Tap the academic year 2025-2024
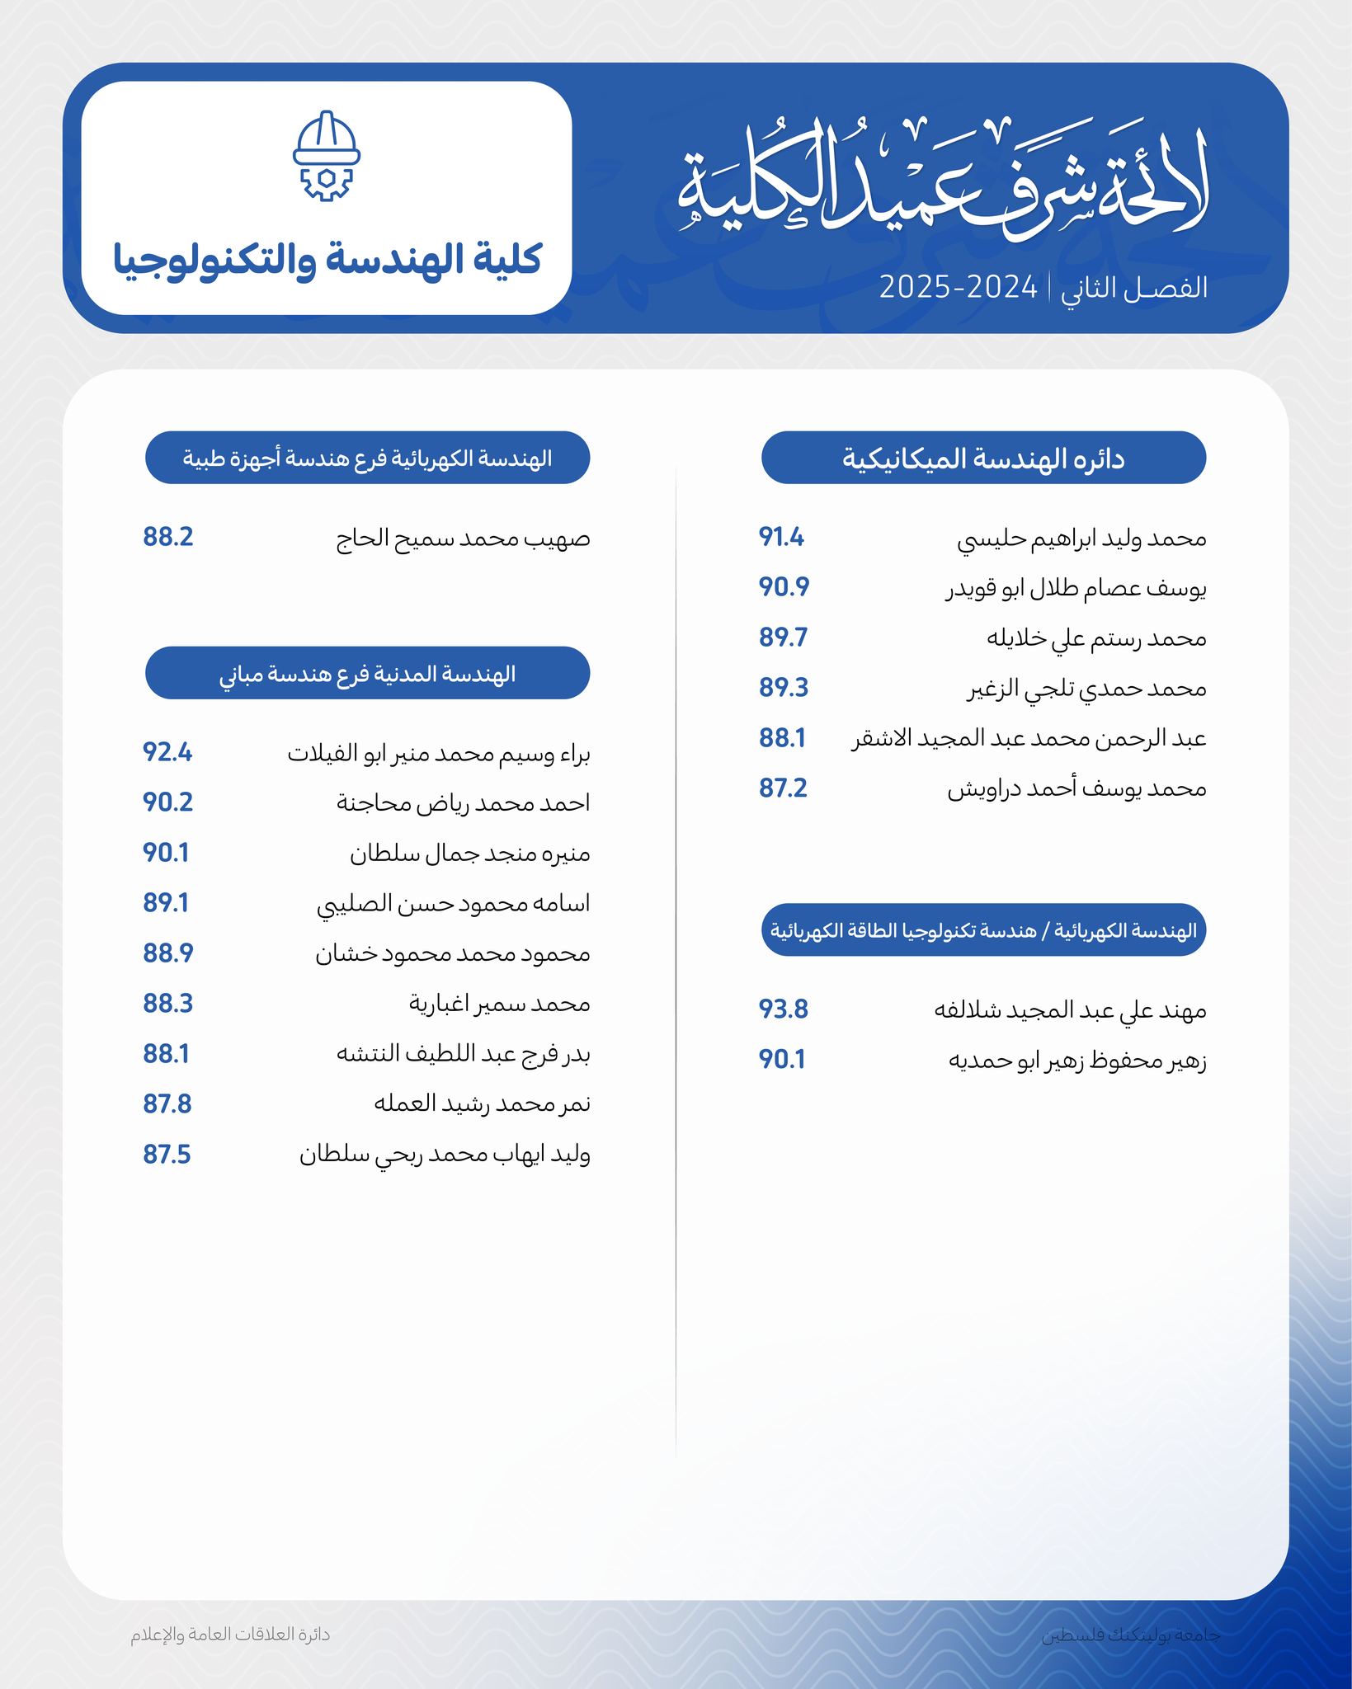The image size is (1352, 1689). [x=958, y=288]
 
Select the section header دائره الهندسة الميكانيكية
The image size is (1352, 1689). [x=983, y=458]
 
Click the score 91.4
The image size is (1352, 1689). [x=781, y=538]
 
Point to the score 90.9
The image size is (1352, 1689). [x=784, y=587]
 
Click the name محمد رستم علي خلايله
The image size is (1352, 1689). [x=1096, y=638]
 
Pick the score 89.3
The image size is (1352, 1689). [x=784, y=688]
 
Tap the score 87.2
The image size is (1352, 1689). [x=783, y=788]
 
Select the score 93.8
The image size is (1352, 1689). [x=783, y=1009]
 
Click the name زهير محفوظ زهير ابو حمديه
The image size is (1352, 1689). [x=1077, y=1061]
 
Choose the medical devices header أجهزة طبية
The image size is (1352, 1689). [x=367, y=458]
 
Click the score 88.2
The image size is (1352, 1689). [x=168, y=538]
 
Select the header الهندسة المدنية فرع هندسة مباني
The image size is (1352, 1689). [x=367, y=674]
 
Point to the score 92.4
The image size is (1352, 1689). [x=167, y=753]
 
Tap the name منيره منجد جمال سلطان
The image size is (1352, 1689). [x=469, y=854]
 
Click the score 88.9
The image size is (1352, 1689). [x=168, y=953]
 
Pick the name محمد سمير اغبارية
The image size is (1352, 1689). [x=499, y=1004]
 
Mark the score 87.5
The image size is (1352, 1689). [x=167, y=1155]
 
